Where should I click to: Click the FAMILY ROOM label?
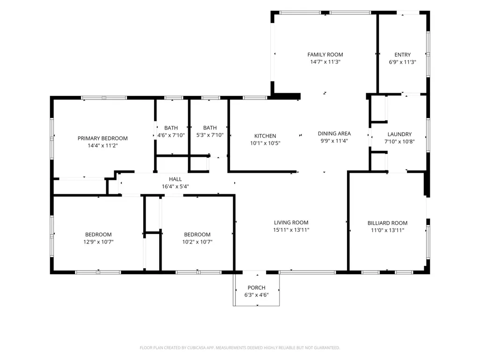(x=325, y=54)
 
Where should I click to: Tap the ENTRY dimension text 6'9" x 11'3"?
(x=402, y=62)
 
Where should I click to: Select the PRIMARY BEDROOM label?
(x=103, y=139)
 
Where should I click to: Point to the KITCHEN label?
(x=265, y=136)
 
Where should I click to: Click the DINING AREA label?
(x=334, y=133)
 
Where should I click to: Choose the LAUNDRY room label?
(x=399, y=134)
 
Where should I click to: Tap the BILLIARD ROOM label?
(x=388, y=223)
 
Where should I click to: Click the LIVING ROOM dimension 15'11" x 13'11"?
(x=291, y=230)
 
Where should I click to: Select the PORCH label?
(x=257, y=288)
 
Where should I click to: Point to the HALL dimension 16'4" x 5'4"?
(x=176, y=186)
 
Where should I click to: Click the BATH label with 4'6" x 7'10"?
(x=171, y=128)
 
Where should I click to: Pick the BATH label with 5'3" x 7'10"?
(x=210, y=128)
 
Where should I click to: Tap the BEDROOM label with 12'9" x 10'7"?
(x=98, y=235)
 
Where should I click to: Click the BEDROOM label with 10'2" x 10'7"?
(x=197, y=235)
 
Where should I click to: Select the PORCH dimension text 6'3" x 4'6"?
(x=257, y=295)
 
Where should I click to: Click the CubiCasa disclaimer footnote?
(x=240, y=348)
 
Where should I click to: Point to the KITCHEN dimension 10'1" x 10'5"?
(x=265, y=143)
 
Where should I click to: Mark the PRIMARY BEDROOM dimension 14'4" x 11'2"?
(x=103, y=146)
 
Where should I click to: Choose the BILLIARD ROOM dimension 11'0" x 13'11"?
(x=388, y=230)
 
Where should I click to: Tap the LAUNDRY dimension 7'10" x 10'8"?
(x=399, y=141)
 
